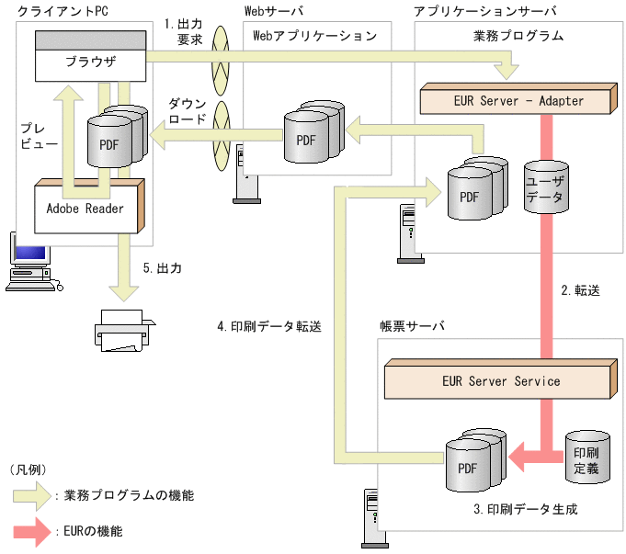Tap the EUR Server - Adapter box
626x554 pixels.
coord(518,100)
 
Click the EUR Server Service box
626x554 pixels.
coord(500,380)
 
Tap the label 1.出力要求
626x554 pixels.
coord(184,32)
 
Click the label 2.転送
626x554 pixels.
coord(580,290)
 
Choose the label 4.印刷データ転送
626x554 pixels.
coord(269,325)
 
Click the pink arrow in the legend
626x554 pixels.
coord(32,531)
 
